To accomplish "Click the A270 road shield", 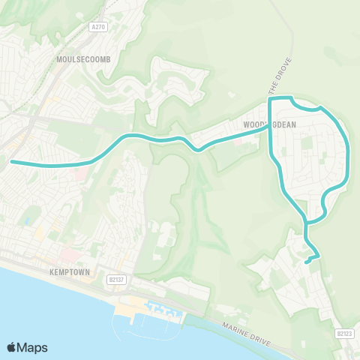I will point(98,27).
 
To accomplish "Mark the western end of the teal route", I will point(11,160).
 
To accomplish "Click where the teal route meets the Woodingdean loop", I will point(269,127).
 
